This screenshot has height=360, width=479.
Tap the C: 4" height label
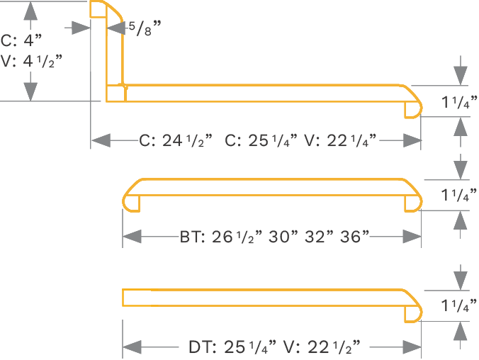click(x=23, y=40)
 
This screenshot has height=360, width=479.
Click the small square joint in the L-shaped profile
click(x=115, y=94)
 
